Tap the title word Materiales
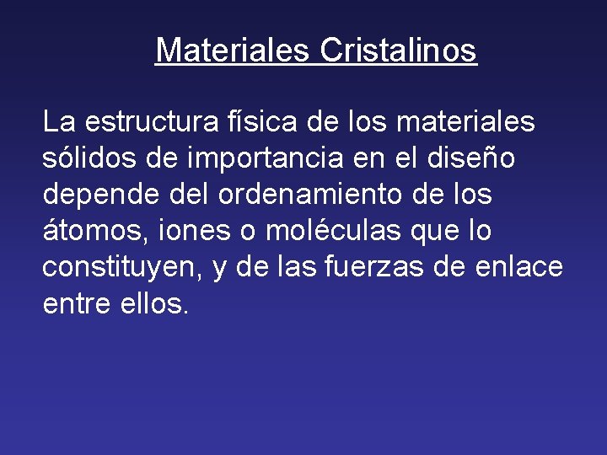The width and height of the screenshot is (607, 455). coord(234,51)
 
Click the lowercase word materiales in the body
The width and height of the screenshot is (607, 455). coord(465,122)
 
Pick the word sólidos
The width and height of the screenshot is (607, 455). coord(86,158)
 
